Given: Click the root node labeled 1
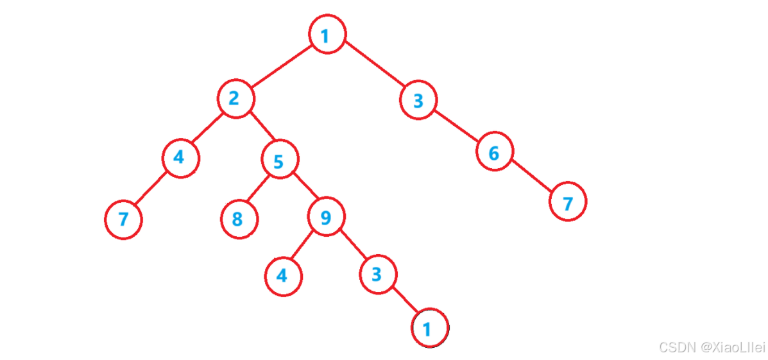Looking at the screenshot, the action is click(x=327, y=35).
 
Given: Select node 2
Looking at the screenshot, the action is click(x=235, y=99).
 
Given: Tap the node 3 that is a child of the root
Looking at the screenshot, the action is click(x=419, y=101).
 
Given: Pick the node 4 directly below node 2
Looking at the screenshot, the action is click(x=180, y=158).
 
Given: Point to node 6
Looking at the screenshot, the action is click(x=494, y=153).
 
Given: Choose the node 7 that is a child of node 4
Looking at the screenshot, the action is click(x=123, y=219).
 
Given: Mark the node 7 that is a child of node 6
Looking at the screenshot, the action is click(x=568, y=202).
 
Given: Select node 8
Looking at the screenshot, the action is click(x=239, y=219).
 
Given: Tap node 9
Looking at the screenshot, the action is click(x=326, y=218).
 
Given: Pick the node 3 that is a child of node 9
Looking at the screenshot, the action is click(x=377, y=275).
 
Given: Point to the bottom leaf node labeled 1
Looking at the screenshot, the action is click(x=429, y=329).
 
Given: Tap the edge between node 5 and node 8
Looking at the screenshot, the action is click(x=259, y=190).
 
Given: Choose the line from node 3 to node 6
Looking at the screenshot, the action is click(x=457, y=127).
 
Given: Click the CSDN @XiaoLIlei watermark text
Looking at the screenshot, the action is click(x=712, y=347).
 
